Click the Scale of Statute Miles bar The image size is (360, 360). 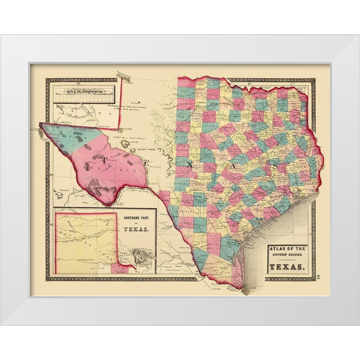[85, 96]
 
